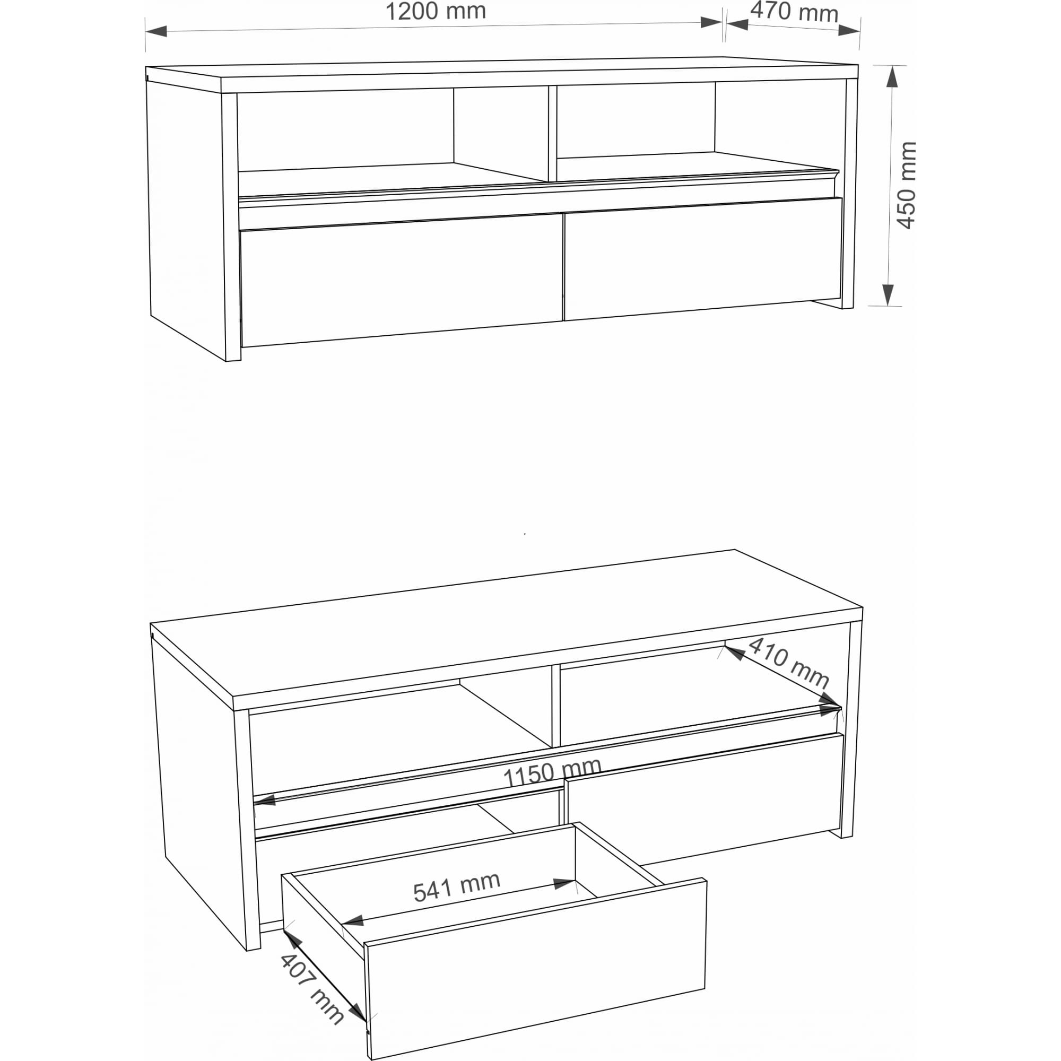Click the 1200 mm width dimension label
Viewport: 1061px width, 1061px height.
[436, 12]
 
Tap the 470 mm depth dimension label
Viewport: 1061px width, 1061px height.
[794, 12]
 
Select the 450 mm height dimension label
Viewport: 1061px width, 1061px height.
[907, 185]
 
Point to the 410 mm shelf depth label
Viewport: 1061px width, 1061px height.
[789, 662]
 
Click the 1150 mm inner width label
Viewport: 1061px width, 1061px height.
[552, 772]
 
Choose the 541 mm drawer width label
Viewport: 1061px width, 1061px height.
[456, 887]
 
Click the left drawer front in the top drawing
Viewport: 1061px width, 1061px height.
[402, 280]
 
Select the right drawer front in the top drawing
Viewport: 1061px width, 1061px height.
[703, 258]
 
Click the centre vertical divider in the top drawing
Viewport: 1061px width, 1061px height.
[552, 133]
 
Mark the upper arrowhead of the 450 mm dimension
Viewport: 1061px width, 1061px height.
[892, 76]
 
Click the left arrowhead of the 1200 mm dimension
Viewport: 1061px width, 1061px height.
[156, 31]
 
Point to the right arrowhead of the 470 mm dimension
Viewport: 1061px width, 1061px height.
[849, 30]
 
